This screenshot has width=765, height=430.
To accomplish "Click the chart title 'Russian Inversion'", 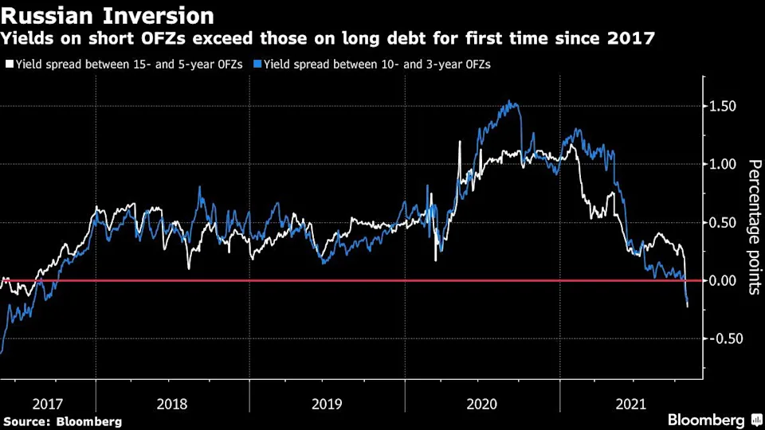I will [x=108, y=15].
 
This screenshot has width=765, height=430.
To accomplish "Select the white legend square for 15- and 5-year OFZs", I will [x=9, y=64].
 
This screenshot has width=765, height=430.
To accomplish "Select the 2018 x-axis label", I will [x=172, y=404].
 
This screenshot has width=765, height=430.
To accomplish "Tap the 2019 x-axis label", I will [x=327, y=404].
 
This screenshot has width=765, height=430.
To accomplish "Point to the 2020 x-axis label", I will [x=481, y=404].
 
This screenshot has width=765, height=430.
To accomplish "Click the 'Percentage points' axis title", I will [x=752, y=226].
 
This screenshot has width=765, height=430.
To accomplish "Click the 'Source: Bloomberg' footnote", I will [x=62, y=420].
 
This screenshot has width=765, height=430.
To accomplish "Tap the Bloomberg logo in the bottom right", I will [x=711, y=420].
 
